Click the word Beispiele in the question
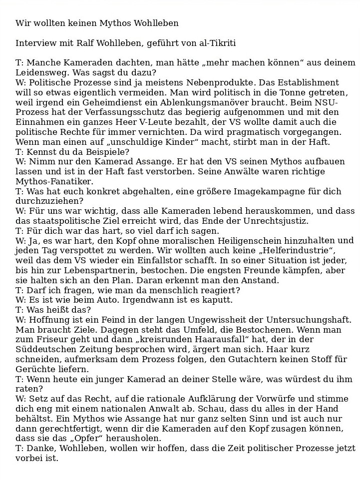106,151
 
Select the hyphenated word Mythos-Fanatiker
54,181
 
